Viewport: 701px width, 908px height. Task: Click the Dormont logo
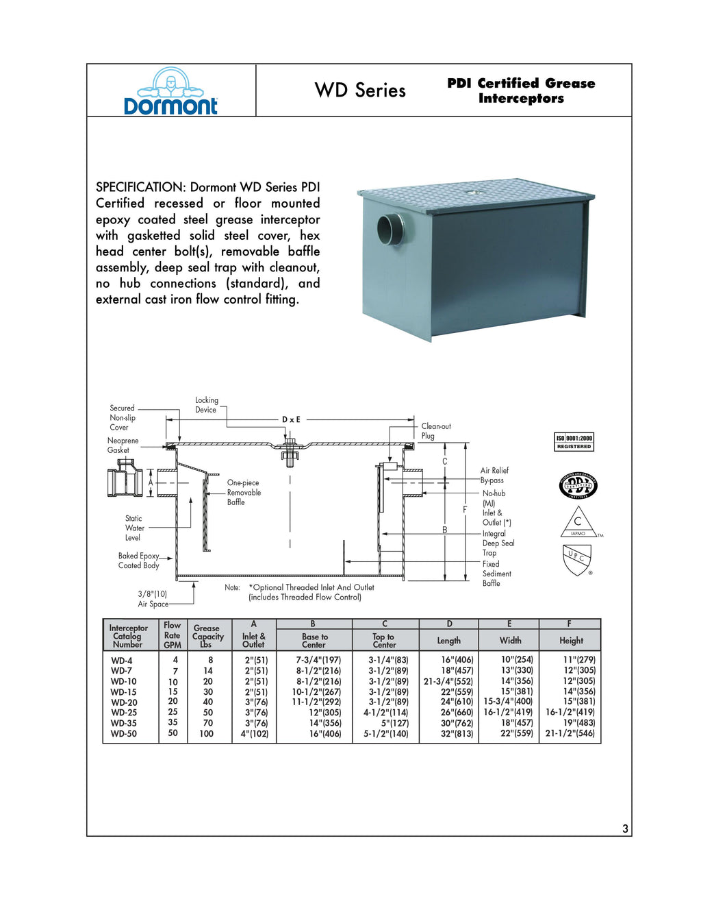coord(170,92)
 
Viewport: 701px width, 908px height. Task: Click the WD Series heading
coord(360,90)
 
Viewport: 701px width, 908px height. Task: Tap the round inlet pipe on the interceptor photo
coord(391,227)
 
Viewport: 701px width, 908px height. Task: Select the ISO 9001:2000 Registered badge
coord(574,442)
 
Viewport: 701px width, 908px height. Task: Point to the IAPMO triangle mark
coord(578,523)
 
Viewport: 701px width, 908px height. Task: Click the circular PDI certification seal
coord(578,486)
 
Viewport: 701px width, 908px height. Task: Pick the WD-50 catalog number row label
coord(124,734)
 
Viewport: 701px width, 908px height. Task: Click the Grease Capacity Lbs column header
coord(207,636)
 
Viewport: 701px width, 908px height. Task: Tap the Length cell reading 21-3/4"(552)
coord(448,681)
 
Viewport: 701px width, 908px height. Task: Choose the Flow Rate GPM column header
coord(173,635)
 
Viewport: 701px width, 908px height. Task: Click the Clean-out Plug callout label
coord(435,431)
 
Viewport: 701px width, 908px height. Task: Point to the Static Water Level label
coord(134,528)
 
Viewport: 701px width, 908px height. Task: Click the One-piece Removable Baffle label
coord(244,493)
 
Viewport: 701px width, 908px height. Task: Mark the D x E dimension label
coord(291,419)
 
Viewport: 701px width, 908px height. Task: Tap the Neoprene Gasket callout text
coord(123,445)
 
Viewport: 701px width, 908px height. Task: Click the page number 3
coord(625,829)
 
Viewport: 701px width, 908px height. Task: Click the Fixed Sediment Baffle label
coord(496,574)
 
